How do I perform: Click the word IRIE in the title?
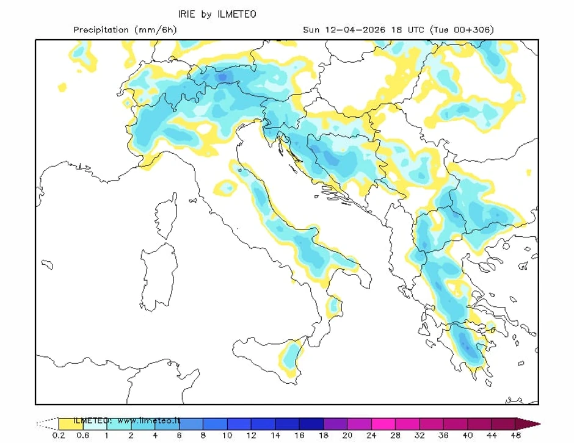(186, 13)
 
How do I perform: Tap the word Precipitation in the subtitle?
(101, 29)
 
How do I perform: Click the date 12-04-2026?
(350, 29)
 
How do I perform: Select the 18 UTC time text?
(408, 29)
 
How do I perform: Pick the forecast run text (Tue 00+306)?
(462, 29)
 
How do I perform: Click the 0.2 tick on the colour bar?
(59, 436)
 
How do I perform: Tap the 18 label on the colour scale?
(323, 436)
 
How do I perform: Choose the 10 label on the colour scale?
(227, 436)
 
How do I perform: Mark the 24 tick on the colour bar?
(371, 436)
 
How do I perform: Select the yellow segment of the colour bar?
(70, 423)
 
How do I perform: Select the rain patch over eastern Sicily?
(292, 357)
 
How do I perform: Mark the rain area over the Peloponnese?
(465, 345)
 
